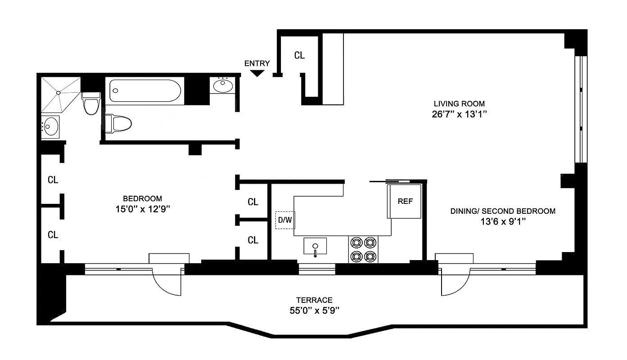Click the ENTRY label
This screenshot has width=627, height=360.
(257, 63)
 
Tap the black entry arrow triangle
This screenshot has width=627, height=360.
(257, 73)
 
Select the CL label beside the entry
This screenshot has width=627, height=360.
(299, 55)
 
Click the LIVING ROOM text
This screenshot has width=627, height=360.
(459, 103)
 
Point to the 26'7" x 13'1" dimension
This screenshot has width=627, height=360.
(459, 114)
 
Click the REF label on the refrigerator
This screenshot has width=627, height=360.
(405, 202)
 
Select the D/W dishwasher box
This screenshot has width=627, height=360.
(285, 220)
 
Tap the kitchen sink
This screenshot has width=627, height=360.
(315, 247)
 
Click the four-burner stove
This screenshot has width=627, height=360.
(363, 249)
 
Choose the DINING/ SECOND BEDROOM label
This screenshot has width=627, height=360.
(503, 211)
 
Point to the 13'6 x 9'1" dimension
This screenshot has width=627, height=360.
(503, 221)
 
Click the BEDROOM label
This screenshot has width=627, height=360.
(142, 198)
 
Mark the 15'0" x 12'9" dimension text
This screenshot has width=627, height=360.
(142, 209)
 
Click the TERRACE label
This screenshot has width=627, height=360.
(314, 300)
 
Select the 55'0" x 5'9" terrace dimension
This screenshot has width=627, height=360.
(314, 310)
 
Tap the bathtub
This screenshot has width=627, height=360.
(145, 91)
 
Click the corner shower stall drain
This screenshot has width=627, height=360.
(59, 92)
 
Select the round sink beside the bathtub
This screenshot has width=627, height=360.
(222, 85)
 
